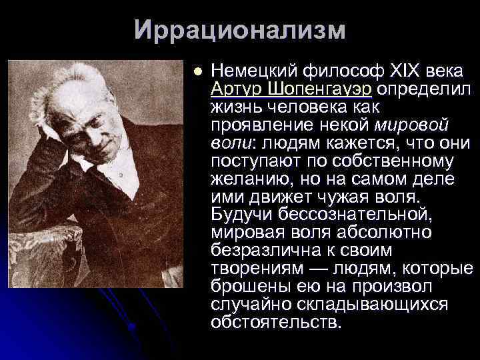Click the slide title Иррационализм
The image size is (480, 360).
[x=240, y=30]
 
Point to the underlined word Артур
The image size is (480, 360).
[x=236, y=89]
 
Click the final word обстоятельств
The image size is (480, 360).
[x=275, y=323]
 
